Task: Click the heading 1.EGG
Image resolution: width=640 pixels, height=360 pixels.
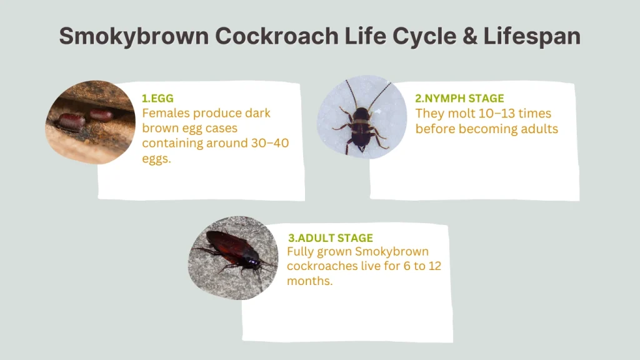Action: pos(157,98)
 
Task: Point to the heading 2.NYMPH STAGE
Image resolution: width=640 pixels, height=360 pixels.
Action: pos(459,98)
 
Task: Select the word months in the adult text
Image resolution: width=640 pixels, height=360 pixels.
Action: pos(309,282)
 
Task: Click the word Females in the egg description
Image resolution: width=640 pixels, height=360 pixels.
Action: pos(165,114)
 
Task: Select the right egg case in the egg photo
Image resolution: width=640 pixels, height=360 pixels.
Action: pos(101,115)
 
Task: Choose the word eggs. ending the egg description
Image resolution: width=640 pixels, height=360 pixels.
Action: pos(156,159)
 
